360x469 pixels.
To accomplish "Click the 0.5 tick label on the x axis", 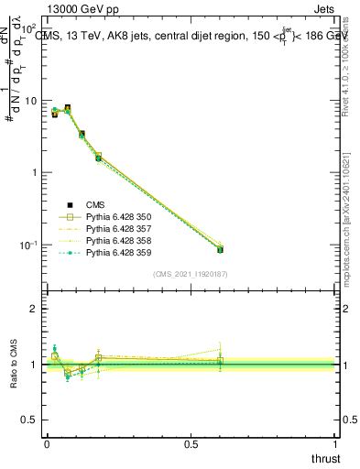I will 191,442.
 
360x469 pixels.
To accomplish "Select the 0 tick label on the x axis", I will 47,442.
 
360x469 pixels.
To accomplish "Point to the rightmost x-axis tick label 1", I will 336,442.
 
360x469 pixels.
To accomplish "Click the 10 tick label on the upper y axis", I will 29,101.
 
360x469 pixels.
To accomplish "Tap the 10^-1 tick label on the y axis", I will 27,245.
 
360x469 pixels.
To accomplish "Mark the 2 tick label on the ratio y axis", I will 35,309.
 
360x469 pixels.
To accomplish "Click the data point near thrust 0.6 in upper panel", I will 220,249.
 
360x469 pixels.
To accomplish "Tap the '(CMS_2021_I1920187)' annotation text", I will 191,274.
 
